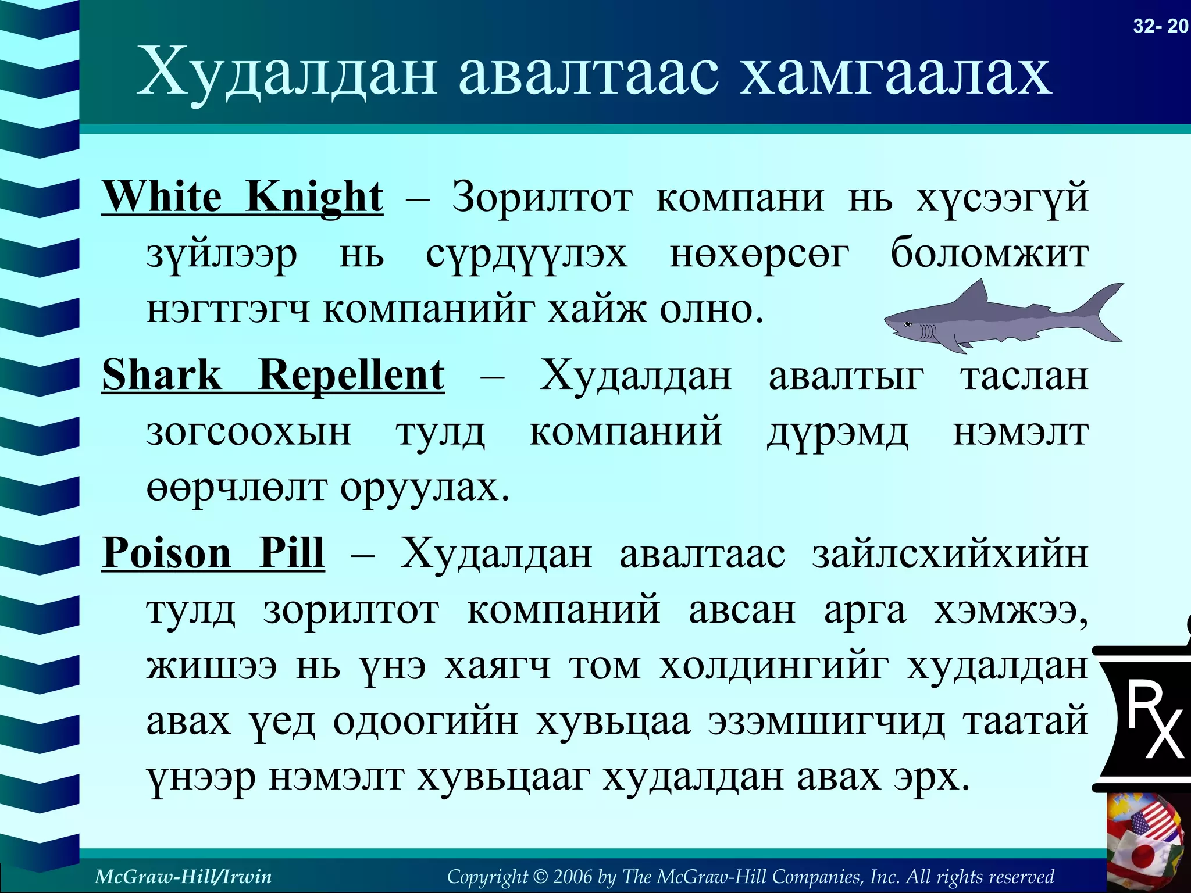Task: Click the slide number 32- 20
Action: (x=1160, y=26)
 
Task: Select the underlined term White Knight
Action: (x=243, y=197)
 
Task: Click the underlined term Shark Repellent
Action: (x=273, y=375)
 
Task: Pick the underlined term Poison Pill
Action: (x=213, y=552)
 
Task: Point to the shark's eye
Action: (x=907, y=324)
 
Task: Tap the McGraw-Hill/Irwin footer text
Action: (x=183, y=876)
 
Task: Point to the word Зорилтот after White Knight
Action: (x=542, y=198)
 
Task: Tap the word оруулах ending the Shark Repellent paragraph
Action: (x=424, y=488)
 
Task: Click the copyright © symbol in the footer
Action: (x=541, y=876)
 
